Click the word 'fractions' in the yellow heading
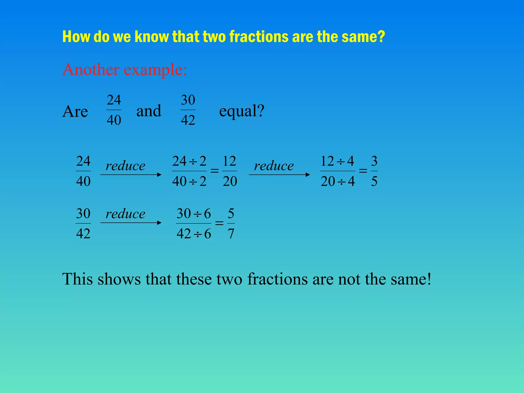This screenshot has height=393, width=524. tap(259, 36)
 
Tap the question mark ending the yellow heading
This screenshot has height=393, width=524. tap(381, 36)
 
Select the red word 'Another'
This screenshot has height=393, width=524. tap(91, 70)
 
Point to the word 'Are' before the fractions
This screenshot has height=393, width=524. tap(75, 112)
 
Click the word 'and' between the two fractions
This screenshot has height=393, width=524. tap(149, 111)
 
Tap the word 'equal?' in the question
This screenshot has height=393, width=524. tap(242, 111)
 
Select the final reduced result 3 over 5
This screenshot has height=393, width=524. tap(374, 171)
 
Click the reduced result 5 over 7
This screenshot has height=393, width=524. tap(231, 223)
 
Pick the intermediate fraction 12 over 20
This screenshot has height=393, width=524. tap(230, 171)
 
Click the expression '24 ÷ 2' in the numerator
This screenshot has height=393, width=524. tap(189, 161)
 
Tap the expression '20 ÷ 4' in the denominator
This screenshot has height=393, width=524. tap(338, 181)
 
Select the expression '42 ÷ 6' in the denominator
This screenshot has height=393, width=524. tap(194, 234)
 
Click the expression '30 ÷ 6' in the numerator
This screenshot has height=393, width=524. tap(194, 213)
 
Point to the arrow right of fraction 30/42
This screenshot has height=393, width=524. tap(131, 223)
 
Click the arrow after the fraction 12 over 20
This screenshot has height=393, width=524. tap(279, 175)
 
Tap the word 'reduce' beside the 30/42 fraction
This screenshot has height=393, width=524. tap(125, 214)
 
